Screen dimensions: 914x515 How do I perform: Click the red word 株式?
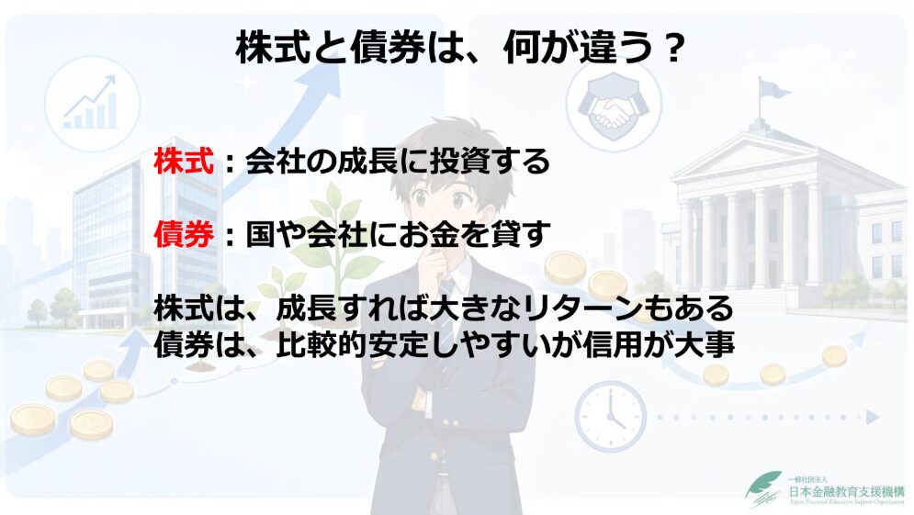(185, 162)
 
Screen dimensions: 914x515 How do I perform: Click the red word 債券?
(185, 234)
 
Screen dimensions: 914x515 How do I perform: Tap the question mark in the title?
(672, 49)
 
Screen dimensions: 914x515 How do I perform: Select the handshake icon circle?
(614, 106)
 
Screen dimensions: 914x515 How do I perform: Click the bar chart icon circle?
(92, 104)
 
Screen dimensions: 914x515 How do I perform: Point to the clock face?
(610, 416)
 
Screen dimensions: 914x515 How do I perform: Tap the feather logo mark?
(763, 489)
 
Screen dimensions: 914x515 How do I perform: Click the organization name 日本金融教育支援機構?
(846, 491)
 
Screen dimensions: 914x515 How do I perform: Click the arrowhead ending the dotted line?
(872, 417)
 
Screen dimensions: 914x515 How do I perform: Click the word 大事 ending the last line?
(705, 344)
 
